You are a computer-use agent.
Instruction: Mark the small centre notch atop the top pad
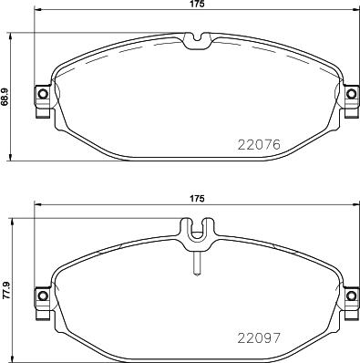197,39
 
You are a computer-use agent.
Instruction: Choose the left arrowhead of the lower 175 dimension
36,204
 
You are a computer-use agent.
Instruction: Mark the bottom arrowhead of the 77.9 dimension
12,356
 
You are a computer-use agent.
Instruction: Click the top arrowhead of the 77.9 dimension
12,223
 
